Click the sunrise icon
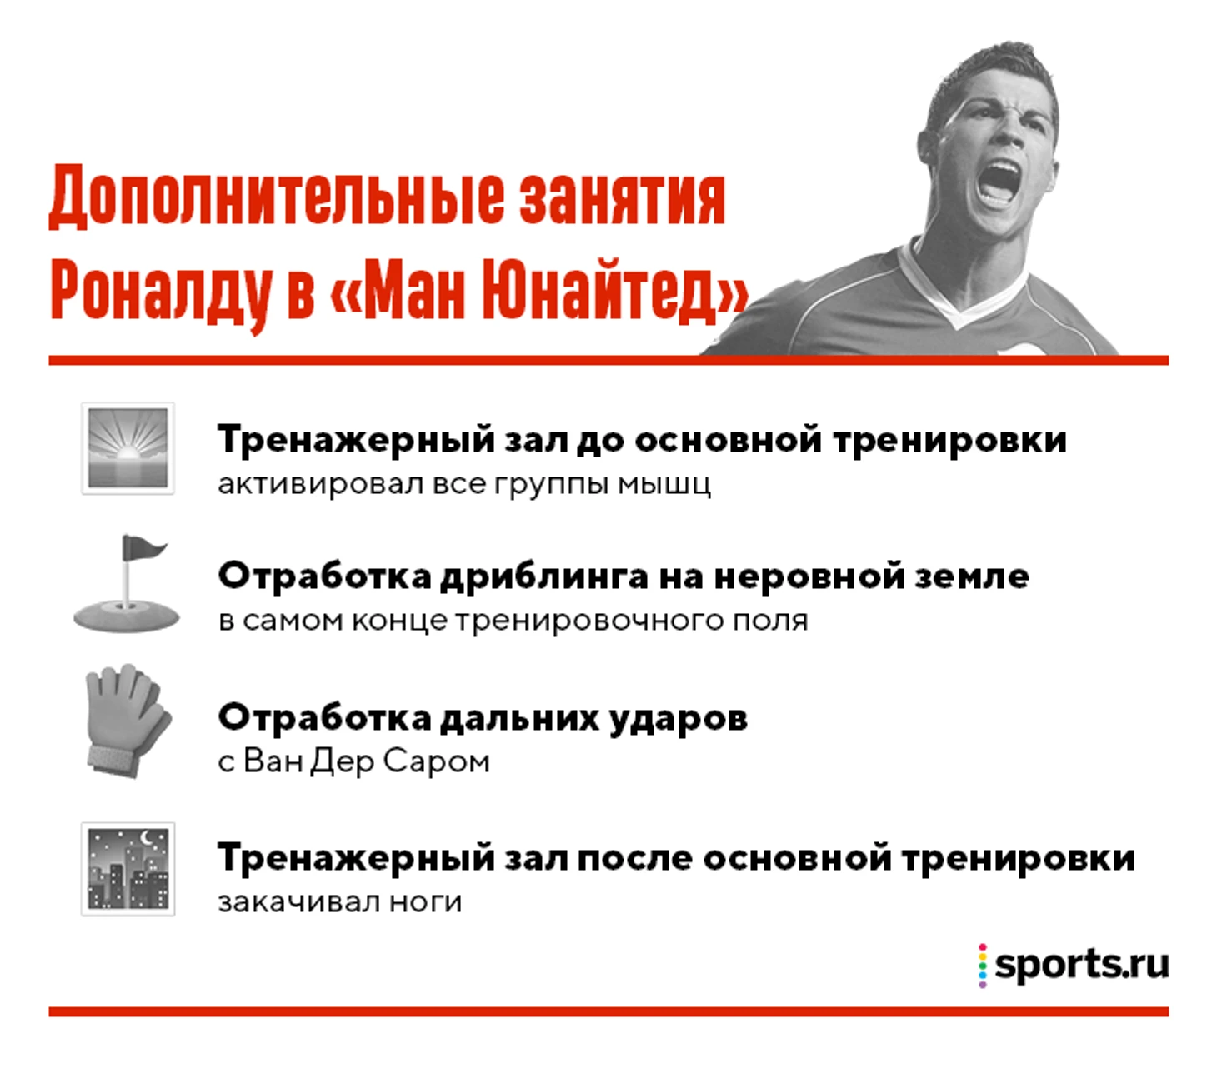[128, 448]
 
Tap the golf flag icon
[126, 583]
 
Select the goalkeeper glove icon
[128, 721]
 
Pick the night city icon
[128, 869]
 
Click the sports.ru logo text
[1081, 965]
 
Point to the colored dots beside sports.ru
[982, 966]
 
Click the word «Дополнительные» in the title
[276, 198]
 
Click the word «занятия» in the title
[623, 198]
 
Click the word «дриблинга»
[543, 577]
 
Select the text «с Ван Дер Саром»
[353, 761]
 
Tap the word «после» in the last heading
[634, 858]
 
